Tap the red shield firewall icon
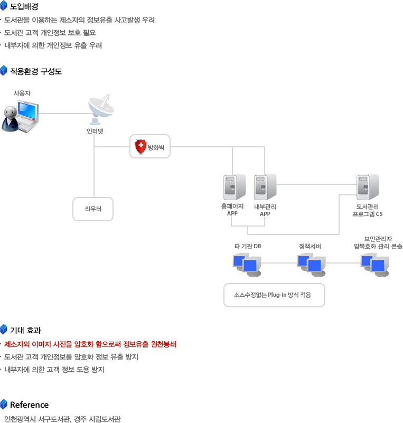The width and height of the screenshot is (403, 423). coord(140,147)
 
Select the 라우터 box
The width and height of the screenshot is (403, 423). coord(93,209)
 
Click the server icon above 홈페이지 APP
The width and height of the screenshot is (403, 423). coord(233,187)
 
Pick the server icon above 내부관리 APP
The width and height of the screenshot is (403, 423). coord(265,187)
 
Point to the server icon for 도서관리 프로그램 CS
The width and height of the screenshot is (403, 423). coord(367,187)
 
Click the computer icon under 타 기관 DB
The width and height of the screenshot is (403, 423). coord(247,265)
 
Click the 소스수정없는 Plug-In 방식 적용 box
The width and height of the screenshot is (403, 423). coord(274,295)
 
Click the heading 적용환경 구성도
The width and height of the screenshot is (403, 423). coord(35,71)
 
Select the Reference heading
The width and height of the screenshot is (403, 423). coord(29,405)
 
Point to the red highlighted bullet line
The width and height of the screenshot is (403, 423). coord(90,344)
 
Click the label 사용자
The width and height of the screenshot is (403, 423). coord(22,93)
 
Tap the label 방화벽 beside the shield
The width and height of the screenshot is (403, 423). coord(156,147)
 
